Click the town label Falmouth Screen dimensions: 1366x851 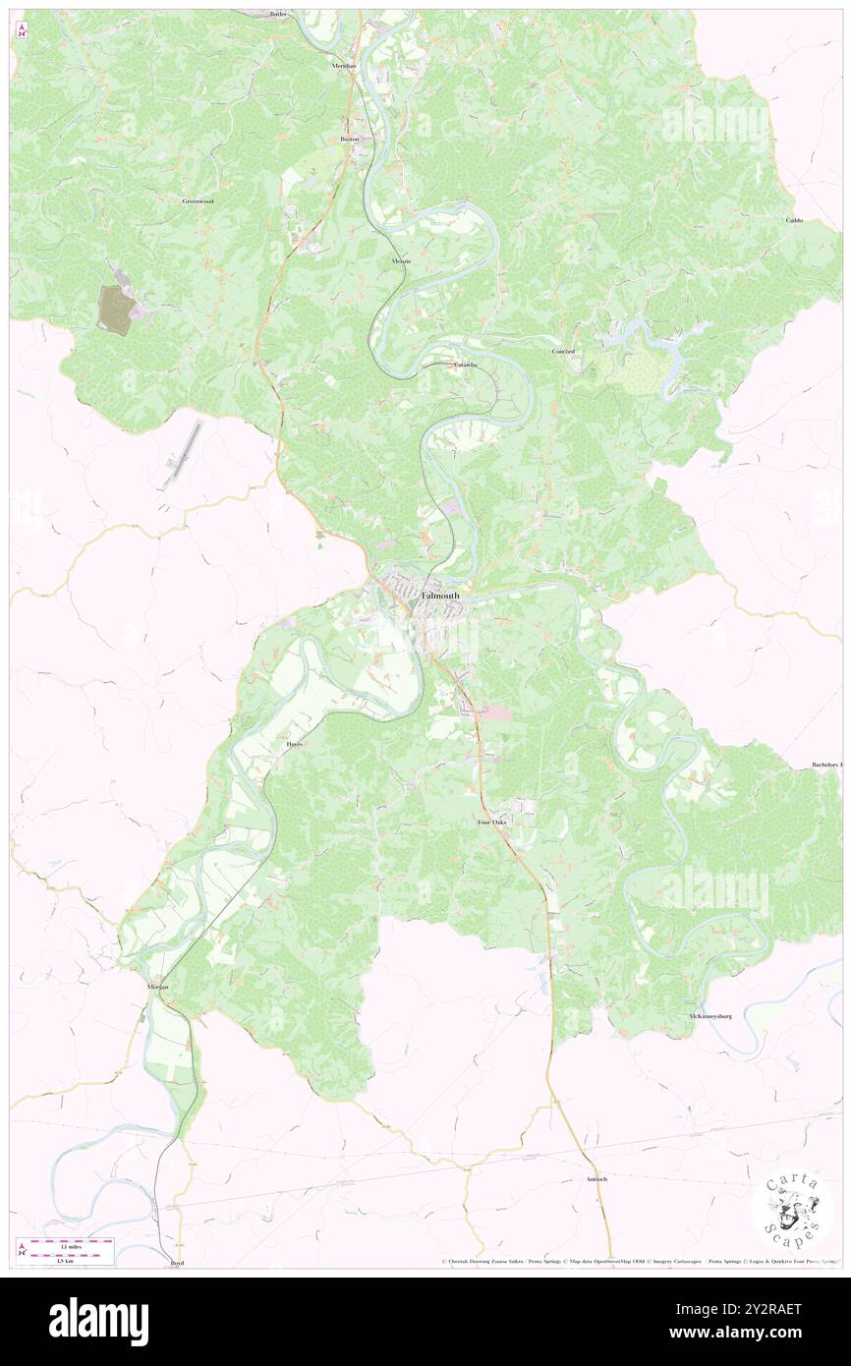coord(439,596)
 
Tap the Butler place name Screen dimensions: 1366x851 coord(278,15)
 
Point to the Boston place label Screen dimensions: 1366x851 coord(350,140)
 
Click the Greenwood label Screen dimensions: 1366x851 coord(198,200)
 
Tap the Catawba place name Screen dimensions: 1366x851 coord(465,365)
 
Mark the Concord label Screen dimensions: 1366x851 coord(563,351)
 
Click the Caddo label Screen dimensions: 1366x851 coord(794,220)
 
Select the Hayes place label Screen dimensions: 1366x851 coord(294,744)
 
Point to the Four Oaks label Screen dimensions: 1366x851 coord(491,822)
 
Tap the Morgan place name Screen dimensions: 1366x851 coord(158,986)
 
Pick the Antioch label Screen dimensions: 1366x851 coord(596,1178)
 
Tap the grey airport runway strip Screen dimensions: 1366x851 coord(184,452)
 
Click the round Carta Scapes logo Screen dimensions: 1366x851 coord(792,1212)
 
